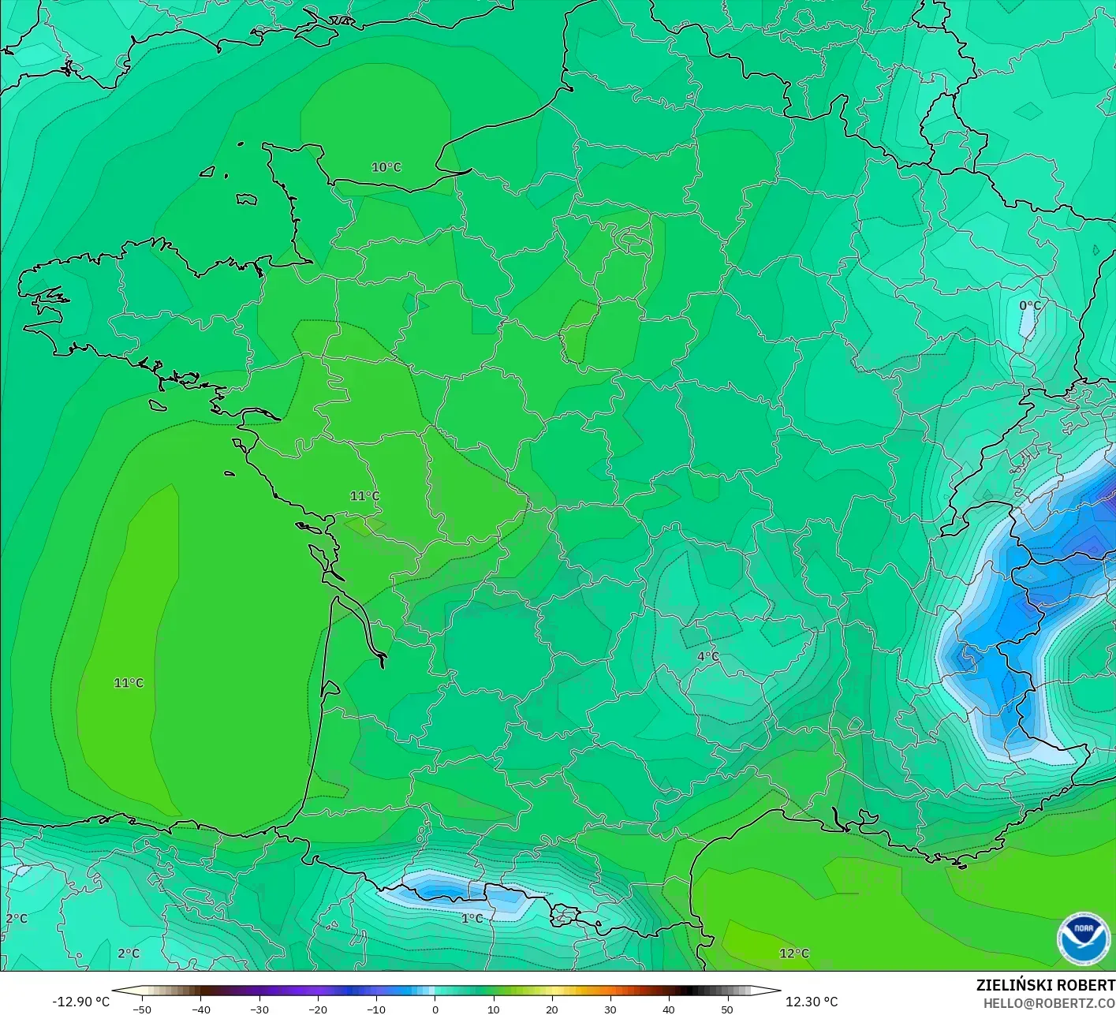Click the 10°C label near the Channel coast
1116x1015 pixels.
click(386, 167)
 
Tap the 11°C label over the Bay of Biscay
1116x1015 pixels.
click(129, 683)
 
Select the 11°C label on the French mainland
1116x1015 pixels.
click(364, 496)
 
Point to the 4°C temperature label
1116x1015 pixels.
click(707, 656)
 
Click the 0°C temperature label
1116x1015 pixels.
click(1029, 306)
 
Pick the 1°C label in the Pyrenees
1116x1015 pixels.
click(472, 919)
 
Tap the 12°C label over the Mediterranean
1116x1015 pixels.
click(793, 953)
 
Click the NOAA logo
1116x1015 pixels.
click(1083, 939)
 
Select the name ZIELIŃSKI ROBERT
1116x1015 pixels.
click(1045, 985)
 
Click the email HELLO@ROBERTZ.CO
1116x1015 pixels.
click(1049, 1003)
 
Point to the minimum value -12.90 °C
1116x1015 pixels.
click(81, 1002)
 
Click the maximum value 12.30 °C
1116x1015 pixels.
click(812, 1002)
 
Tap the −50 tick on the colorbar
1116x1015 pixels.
click(142, 1009)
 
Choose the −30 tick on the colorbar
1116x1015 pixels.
click(259, 1009)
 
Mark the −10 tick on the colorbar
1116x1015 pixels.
click(376, 1009)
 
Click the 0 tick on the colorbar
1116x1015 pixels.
click(435, 1009)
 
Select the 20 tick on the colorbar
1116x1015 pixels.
click(552, 1009)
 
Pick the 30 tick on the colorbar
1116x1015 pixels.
click(610, 1009)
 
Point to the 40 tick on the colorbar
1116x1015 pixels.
click(669, 1009)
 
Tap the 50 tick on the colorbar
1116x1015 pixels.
click(727, 1009)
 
